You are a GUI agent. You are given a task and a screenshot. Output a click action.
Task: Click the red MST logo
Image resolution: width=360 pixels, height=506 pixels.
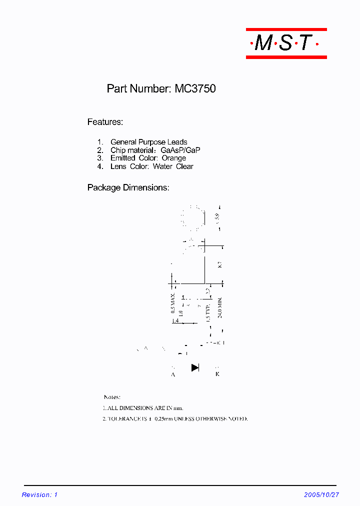(x=286, y=43)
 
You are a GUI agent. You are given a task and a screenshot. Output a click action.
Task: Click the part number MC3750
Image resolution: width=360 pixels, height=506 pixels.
(x=195, y=89)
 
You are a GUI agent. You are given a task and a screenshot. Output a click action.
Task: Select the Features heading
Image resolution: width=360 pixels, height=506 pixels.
(x=105, y=122)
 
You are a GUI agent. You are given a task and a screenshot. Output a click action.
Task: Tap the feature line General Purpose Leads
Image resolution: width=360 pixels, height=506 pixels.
(x=148, y=142)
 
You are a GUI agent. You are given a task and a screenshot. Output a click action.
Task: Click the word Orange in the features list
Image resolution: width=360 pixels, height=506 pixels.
(x=173, y=158)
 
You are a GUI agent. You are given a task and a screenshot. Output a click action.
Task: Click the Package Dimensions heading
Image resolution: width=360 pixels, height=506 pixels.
(x=128, y=188)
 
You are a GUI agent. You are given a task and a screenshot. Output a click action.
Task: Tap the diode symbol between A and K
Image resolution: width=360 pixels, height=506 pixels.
(x=195, y=368)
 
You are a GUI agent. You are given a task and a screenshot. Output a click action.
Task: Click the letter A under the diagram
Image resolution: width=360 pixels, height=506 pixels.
(x=173, y=374)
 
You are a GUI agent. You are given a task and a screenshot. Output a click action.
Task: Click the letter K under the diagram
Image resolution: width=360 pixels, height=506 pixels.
(x=217, y=374)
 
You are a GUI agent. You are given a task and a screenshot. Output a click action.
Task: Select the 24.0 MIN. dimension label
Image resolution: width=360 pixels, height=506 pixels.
(x=219, y=308)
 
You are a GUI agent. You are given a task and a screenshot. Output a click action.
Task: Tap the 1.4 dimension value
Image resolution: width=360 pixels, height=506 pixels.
(x=175, y=320)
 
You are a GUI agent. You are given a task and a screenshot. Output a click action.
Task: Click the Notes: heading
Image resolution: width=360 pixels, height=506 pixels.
(x=111, y=397)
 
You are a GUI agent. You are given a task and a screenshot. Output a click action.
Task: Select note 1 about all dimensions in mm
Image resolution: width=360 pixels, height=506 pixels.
(x=146, y=408)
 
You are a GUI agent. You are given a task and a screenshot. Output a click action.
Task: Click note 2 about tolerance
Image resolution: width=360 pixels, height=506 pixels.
(x=175, y=418)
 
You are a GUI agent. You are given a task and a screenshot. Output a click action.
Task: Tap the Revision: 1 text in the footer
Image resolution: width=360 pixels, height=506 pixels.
(x=40, y=494)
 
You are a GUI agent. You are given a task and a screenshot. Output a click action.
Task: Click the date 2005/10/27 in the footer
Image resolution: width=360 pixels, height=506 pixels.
(x=321, y=494)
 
